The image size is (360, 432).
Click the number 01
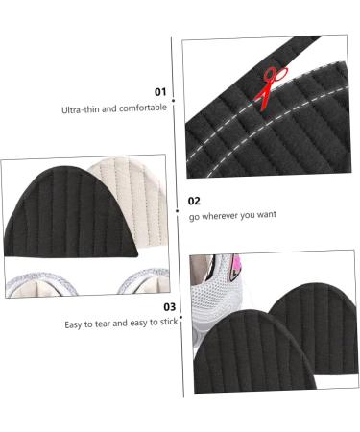click(161, 91)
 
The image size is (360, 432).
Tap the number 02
click(194, 201)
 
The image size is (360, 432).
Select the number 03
click(169, 307)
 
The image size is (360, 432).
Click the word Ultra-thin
click(82, 108)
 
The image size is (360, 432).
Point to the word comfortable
click(142, 108)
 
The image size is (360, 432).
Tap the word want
click(264, 215)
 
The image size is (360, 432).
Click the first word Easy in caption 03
click(74, 324)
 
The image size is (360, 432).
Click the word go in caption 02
click(194, 216)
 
